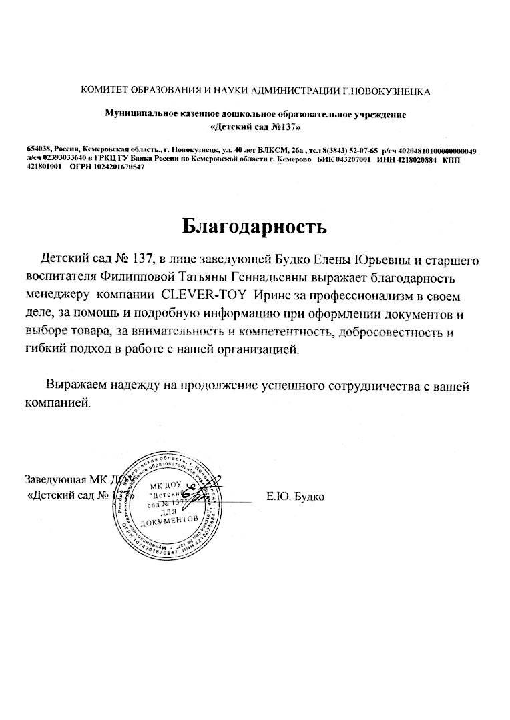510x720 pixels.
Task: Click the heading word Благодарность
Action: [255, 227]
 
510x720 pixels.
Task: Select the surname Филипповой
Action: [144, 275]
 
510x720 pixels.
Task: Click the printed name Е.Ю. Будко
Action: [295, 497]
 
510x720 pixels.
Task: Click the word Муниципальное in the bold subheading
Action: [140, 115]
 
